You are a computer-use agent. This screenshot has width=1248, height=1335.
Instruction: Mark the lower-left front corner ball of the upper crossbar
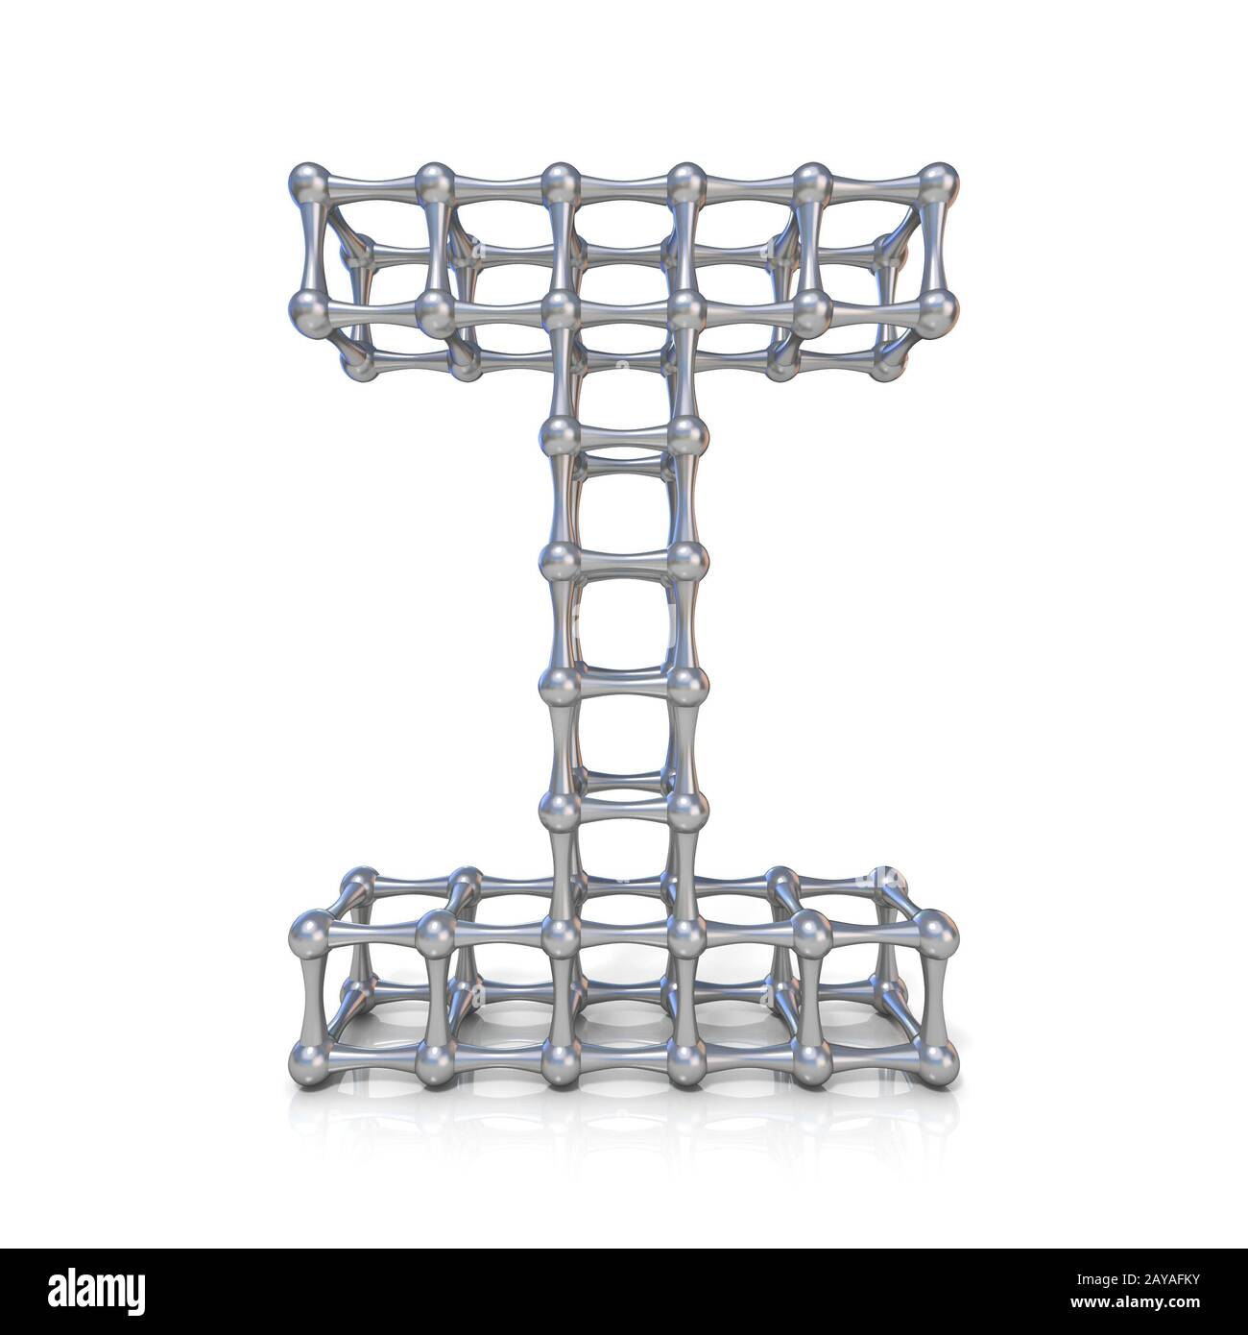[306, 309]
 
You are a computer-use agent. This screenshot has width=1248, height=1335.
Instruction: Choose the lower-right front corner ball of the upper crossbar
[938, 309]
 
